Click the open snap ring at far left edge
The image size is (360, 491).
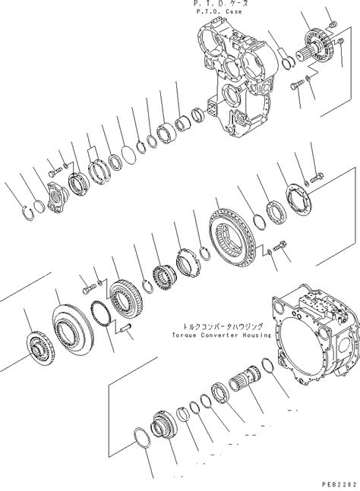[x=26, y=212]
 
